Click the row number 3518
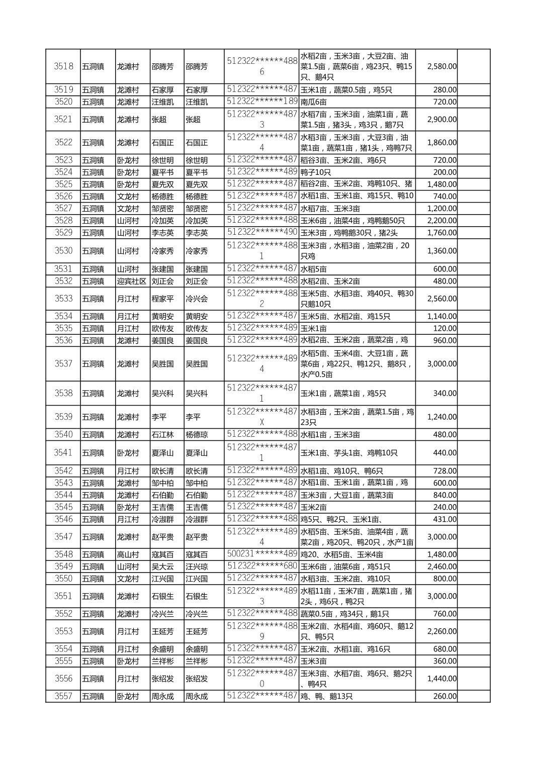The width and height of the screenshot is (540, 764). click(x=63, y=66)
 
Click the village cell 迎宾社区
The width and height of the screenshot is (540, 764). click(x=132, y=281)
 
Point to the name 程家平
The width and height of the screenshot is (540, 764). click(x=162, y=299)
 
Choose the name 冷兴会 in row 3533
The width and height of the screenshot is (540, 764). click(x=197, y=299)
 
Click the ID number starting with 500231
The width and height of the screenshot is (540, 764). click(x=262, y=554)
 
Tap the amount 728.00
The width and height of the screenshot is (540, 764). click(x=445, y=471)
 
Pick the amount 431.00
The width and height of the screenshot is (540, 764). click(x=445, y=519)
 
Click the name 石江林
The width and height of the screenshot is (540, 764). click(x=162, y=435)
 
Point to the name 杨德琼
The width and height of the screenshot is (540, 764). click(x=197, y=435)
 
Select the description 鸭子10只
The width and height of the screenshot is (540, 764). click(x=316, y=172)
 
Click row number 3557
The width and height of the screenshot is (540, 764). click(x=63, y=696)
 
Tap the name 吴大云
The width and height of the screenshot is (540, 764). click(x=162, y=566)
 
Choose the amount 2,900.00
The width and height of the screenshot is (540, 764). click(x=441, y=120)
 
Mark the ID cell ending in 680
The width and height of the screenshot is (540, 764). click(x=262, y=566)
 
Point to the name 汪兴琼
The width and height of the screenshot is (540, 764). click(x=197, y=566)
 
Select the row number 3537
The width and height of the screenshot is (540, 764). click(x=63, y=364)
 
